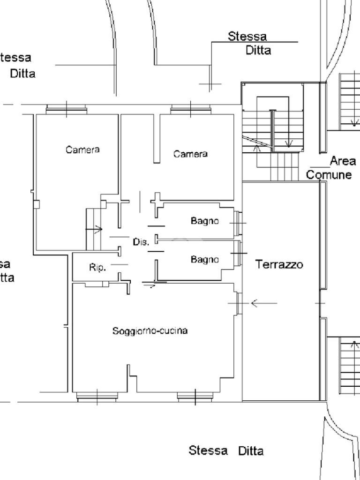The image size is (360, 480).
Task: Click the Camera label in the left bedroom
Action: [82, 150]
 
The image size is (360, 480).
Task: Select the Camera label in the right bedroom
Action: [190, 154]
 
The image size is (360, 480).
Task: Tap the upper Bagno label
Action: [204, 221]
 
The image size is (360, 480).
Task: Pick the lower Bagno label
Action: [204, 259]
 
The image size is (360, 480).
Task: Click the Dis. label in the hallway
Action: [141, 242]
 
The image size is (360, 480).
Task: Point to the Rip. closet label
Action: [97, 267]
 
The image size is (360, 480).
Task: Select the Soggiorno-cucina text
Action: [150, 331]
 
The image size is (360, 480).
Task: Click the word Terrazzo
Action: [279, 264]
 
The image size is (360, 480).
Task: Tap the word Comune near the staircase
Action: [329, 175]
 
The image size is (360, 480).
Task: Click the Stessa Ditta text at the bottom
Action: [226, 451]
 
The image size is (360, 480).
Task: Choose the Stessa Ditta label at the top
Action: [248, 43]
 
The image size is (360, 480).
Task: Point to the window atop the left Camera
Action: [67, 110]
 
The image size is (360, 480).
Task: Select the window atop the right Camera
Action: [190, 110]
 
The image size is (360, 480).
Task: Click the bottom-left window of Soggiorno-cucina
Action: [97, 397]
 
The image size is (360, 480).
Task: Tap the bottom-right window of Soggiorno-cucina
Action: [195, 397]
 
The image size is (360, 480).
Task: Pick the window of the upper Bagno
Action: [239, 223]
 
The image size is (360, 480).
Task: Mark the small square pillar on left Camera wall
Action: [37, 204]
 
